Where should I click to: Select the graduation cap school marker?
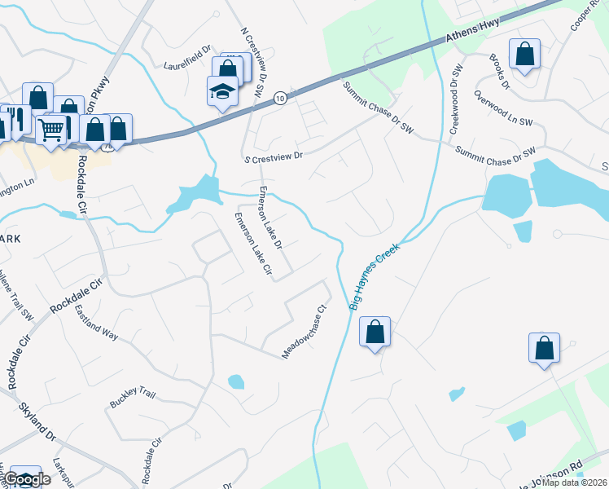click(221, 91)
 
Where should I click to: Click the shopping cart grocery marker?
click(51, 128)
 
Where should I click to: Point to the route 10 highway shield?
click(279, 97)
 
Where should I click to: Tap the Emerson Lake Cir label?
click(252, 243)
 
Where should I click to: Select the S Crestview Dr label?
click(273, 156)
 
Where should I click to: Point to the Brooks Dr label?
click(499, 72)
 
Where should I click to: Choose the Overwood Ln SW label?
click(502, 108)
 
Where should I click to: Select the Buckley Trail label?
click(131, 398)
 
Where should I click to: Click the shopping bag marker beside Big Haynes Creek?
click(375, 332)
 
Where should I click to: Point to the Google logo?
click(28, 479)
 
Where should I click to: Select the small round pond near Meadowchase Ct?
click(235, 381)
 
